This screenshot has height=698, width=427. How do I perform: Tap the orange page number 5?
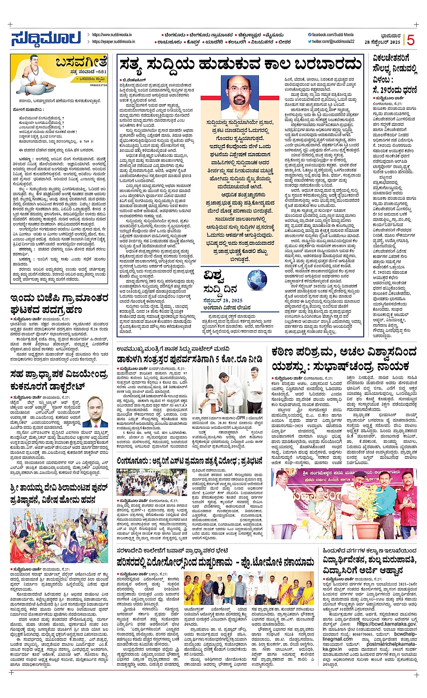click(411, 41)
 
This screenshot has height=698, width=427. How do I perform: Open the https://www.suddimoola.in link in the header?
click(114, 35)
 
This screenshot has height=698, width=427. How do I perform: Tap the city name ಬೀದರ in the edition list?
click(284, 42)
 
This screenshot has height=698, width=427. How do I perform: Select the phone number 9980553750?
click(98, 84)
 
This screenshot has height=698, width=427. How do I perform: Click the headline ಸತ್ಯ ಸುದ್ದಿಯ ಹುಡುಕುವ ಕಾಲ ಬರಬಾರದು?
click(240, 66)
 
